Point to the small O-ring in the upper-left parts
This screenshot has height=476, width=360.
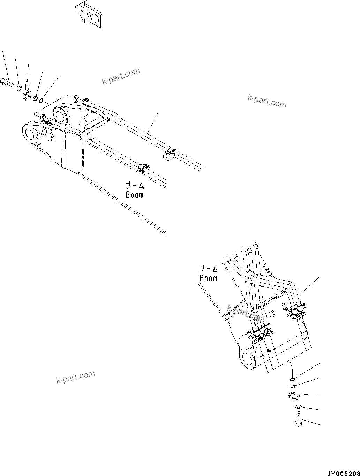point(42,101)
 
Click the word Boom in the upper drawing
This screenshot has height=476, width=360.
point(135,194)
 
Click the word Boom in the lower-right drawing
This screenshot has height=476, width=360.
point(208,278)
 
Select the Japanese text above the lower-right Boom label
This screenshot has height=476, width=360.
point(209,269)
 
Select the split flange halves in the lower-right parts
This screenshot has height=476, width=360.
point(295,395)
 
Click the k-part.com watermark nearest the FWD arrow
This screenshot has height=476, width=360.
point(121,76)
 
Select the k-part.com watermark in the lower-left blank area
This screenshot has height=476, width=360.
point(75,377)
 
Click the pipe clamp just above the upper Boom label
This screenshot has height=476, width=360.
point(144,167)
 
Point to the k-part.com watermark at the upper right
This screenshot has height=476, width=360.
point(267,101)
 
